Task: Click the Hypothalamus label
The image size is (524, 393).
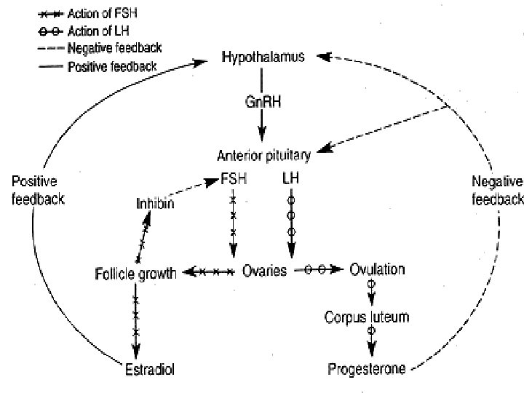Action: pyautogui.click(x=263, y=57)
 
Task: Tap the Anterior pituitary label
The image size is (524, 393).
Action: pyautogui.click(x=263, y=155)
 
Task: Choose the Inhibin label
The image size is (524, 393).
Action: pyautogui.click(x=155, y=204)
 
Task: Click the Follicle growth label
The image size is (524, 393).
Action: pyautogui.click(x=136, y=274)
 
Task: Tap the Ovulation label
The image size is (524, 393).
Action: pyautogui.click(x=377, y=270)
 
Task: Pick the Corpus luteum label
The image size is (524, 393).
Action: pyautogui.click(x=367, y=318)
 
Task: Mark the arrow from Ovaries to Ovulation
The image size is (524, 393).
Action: pyautogui.click(x=317, y=271)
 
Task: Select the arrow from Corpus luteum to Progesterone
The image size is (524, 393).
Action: pyautogui.click(x=372, y=341)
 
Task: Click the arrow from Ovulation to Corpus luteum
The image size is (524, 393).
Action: pyautogui.click(x=371, y=293)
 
